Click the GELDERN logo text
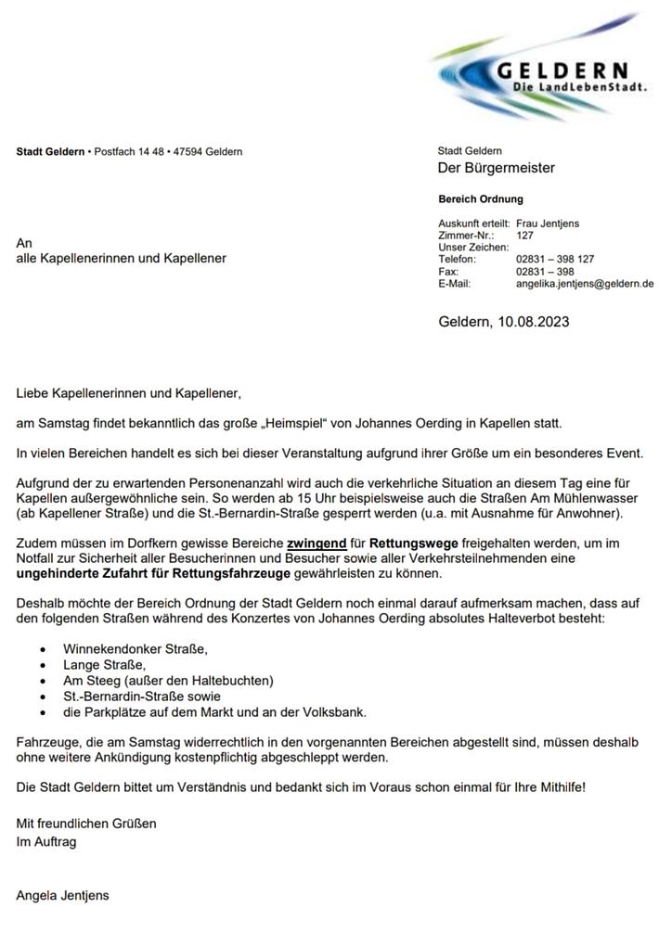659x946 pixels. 562,70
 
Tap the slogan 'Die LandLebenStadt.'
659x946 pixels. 580,87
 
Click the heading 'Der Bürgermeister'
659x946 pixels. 496,168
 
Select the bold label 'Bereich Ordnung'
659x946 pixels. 480,198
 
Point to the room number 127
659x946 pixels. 525,236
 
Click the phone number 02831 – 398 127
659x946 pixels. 555,260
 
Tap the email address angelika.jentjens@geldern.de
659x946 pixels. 584,284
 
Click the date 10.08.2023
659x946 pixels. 533,322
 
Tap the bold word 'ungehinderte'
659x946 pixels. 57,575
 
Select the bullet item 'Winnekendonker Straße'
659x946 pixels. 136,647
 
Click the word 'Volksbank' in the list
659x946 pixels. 334,712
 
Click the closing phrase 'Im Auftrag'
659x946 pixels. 46,841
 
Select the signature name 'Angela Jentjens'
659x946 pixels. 62,895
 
